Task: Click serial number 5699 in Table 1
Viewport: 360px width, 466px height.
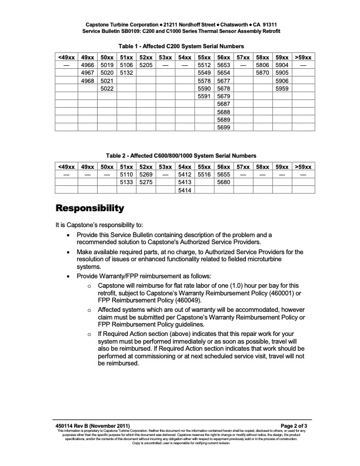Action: pyautogui.click(x=224, y=127)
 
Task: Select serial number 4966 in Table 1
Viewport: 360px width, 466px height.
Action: pyautogui.click(x=88, y=65)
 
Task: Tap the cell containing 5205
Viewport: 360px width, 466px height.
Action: pyautogui.click(x=146, y=65)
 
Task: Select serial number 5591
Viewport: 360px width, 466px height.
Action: pyautogui.click(x=204, y=96)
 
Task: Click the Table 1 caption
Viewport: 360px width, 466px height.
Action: pyautogui.click(x=181, y=46)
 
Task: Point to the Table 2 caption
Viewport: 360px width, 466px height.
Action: pyautogui.click(x=181, y=155)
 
